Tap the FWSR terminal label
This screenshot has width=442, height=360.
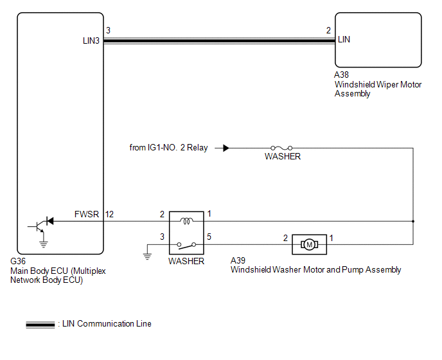pos(87,214)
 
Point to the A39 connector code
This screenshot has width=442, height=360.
pos(238,260)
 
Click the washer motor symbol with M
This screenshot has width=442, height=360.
pos(309,244)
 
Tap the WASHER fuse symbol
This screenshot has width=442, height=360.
pos(282,148)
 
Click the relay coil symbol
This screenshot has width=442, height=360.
pos(186,221)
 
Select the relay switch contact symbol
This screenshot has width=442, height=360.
pos(186,244)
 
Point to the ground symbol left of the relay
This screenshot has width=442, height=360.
pos(147,255)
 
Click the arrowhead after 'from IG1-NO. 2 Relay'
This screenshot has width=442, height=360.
pos(226,148)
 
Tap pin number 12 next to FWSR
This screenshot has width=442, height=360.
pos(110,214)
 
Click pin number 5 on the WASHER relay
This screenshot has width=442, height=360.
pos(209,238)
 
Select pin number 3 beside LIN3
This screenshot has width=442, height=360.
pos(108,30)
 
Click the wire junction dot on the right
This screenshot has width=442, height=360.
pos(412,221)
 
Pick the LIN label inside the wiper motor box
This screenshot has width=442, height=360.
pos(344,40)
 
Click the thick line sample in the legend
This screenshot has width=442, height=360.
pos(40,325)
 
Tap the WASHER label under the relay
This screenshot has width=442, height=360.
pos(186,262)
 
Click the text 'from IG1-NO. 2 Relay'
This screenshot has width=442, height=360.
pos(168,148)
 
